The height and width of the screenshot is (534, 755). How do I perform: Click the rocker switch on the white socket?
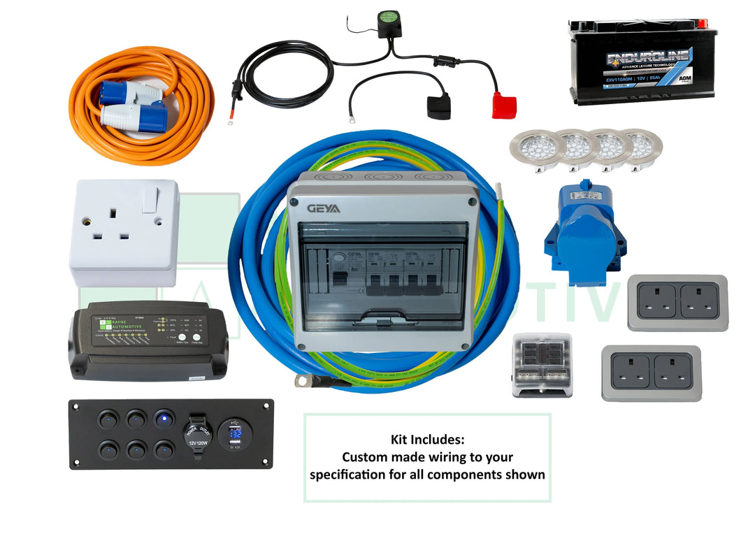coord(150,200)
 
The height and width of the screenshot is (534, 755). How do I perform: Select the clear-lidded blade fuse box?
coord(542,365)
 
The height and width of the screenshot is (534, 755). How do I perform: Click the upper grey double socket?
coord(677,302)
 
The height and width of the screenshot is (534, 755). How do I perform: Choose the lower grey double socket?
coord(651,373)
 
